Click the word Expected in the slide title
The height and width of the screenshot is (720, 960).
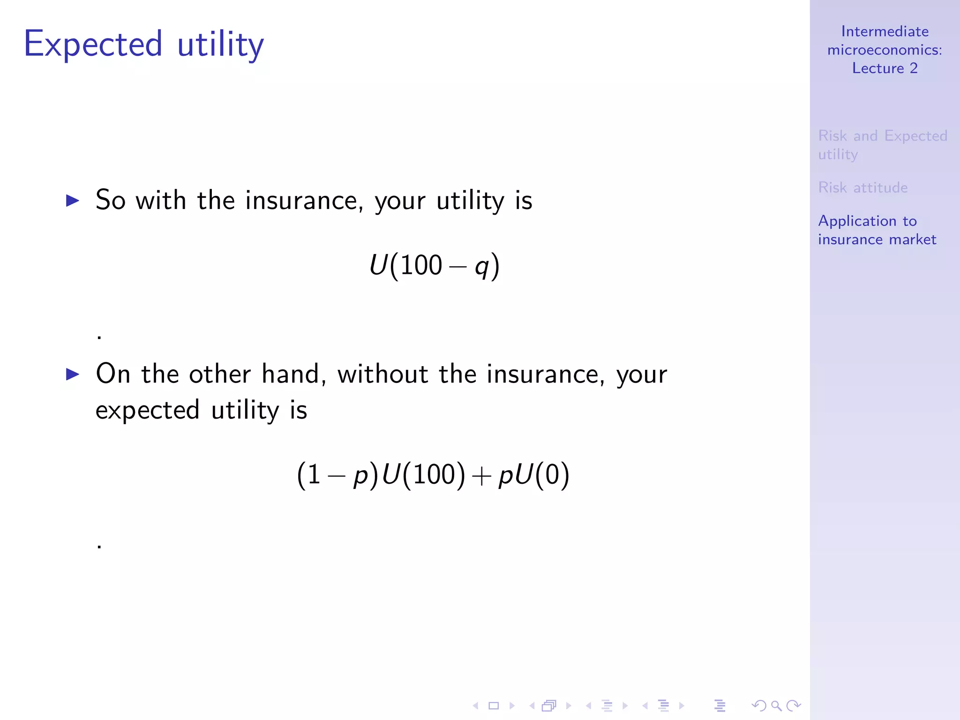pos(93,45)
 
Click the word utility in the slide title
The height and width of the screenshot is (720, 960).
pos(220,45)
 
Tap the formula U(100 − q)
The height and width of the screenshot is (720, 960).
pos(434,266)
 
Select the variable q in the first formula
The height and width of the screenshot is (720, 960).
pos(481,267)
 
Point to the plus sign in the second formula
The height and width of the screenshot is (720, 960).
pos(481,476)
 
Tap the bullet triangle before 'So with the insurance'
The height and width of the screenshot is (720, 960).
pos(73,201)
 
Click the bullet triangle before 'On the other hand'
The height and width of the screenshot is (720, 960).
pos(73,374)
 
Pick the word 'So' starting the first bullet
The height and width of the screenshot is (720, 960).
pos(111,200)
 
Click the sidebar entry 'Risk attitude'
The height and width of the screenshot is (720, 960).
pos(862,187)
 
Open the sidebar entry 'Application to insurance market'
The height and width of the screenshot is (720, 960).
pos(877,230)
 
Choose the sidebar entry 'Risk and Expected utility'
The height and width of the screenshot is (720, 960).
pos(882,145)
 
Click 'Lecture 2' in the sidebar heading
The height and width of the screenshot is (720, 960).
pos(885,68)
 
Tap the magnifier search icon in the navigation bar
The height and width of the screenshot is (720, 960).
pos(776,705)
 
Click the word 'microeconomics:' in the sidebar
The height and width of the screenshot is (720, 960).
pos(885,50)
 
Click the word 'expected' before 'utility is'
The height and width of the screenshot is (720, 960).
pos(148,411)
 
